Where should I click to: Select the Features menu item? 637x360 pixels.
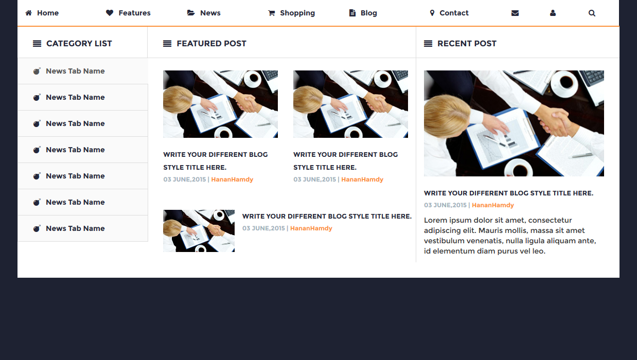pyautogui.click(x=128, y=13)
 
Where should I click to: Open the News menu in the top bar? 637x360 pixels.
pyautogui.click(x=204, y=13)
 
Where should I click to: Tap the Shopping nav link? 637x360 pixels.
pyautogui.click(x=291, y=13)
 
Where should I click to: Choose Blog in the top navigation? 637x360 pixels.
pyautogui.click(x=363, y=13)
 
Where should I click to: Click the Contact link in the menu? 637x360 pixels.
pyautogui.click(x=449, y=13)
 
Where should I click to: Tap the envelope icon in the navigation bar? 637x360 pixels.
pyautogui.click(x=515, y=13)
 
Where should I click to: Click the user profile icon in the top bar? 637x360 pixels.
pyautogui.click(x=553, y=13)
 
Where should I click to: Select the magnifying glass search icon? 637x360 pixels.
pyautogui.click(x=592, y=13)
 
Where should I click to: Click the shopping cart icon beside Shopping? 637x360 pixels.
pyautogui.click(x=272, y=13)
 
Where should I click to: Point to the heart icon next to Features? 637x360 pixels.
pyautogui.click(x=110, y=13)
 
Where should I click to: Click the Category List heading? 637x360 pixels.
pyautogui.click(x=79, y=44)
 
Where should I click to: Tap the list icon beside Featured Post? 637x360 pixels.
pyautogui.click(x=167, y=44)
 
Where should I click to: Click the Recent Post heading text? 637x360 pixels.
pyautogui.click(x=467, y=44)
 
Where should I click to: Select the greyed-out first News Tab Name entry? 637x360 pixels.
pyautogui.click(x=75, y=71)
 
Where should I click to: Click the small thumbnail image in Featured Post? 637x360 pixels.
pyautogui.click(x=199, y=231)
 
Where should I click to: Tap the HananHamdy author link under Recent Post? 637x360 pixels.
pyautogui.click(x=493, y=205)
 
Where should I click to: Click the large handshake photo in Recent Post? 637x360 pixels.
pyautogui.click(x=514, y=123)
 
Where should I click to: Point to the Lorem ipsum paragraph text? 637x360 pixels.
pyautogui.click(x=510, y=236)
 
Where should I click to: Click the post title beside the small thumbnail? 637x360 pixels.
pyautogui.click(x=327, y=216)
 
